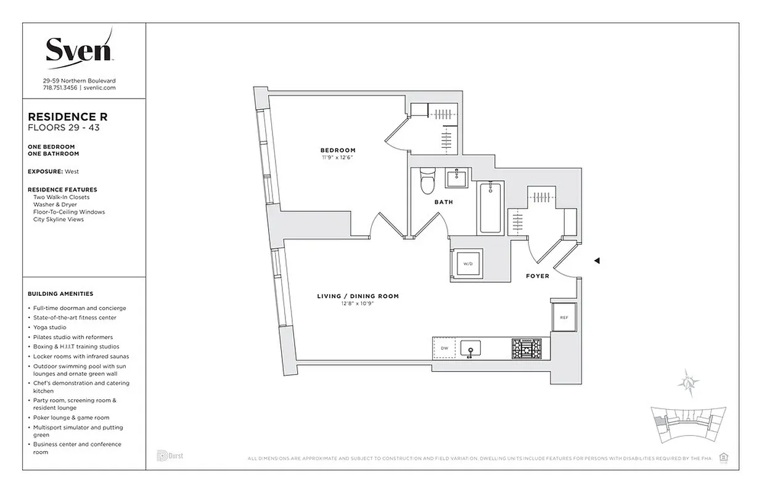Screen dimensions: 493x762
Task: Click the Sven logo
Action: tap(78, 49)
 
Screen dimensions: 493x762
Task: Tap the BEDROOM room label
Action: tap(337, 150)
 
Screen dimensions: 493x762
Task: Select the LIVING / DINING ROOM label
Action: tap(358, 296)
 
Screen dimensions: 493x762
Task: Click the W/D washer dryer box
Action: tap(468, 264)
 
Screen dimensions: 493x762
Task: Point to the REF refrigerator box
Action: tap(563, 317)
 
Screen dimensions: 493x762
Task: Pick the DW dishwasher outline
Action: tap(444, 348)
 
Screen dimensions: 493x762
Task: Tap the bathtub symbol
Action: tap(491, 207)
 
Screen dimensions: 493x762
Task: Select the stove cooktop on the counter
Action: tap(526, 349)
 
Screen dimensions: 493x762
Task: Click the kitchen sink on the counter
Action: tap(470, 349)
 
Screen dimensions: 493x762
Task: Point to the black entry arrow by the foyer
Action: tap(596, 261)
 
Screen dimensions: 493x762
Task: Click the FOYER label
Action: tap(538, 276)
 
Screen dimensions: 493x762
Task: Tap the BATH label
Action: tap(443, 202)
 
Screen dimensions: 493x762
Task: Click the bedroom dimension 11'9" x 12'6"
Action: tap(337, 158)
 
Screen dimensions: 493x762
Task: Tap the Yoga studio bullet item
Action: tap(50, 327)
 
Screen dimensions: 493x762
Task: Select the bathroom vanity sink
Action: tap(457, 179)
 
